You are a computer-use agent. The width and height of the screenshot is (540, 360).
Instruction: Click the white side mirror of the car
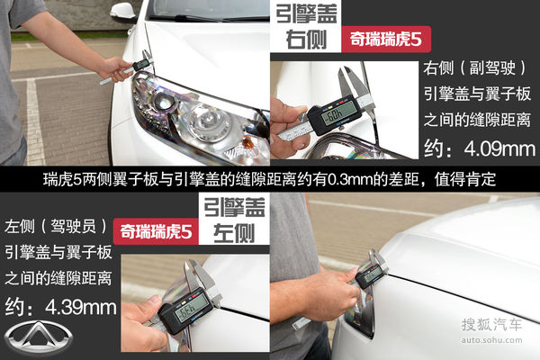pyautogui.click(x=123, y=12)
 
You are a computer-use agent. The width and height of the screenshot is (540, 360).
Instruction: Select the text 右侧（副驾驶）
pyautogui.click(x=474, y=69)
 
